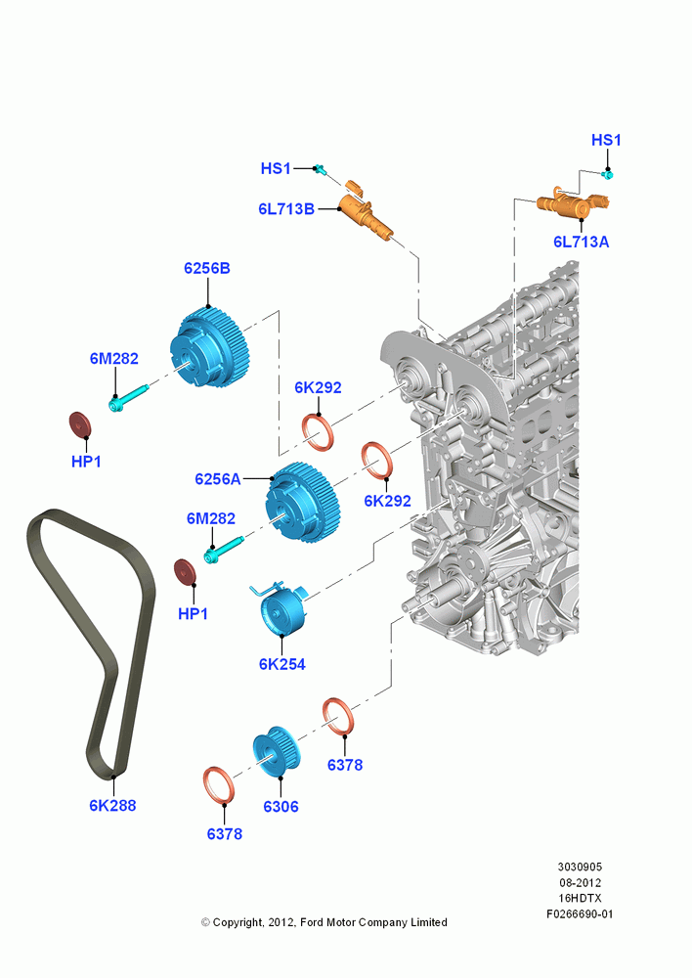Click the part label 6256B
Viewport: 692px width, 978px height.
click(x=207, y=268)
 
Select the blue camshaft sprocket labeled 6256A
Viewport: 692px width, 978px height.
click(x=302, y=504)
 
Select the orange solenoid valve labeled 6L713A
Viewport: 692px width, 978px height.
click(x=573, y=202)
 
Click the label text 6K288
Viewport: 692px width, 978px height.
click(x=112, y=805)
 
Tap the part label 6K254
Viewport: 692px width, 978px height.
click(x=282, y=664)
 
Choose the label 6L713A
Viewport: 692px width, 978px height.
click(x=581, y=242)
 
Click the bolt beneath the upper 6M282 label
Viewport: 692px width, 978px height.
click(x=129, y=397)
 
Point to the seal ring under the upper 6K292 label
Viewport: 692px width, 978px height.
click(x=319, y=432)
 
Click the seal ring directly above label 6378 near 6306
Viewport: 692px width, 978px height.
click(x=340, y=716)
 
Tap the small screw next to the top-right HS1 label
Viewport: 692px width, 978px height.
click(x=607, y=174)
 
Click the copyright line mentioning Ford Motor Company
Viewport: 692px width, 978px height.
click(x=324, y=922)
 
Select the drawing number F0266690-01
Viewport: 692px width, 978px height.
click(x=580, y=913)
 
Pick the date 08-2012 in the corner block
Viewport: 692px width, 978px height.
click(x=580, y=882)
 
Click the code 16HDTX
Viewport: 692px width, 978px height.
click(x=580, y=898)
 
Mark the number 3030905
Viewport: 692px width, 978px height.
click(x=580, y=867)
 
